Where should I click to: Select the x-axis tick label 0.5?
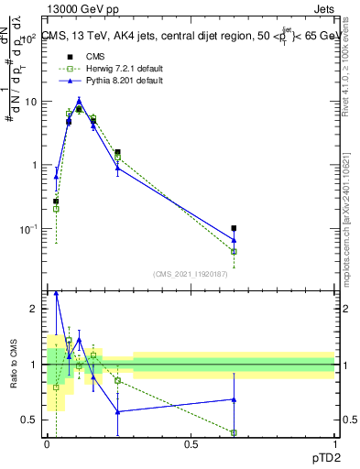(x=191, y=443)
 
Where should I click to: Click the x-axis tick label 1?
(x=334, y=443)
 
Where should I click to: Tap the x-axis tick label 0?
(x=47, y=443)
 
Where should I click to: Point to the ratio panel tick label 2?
(x=35, y=310)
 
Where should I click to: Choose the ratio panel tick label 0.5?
(x=31, y=420)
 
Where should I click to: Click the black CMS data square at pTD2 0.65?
(x=234, y=228)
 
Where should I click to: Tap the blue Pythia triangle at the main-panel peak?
(x=80, y=100)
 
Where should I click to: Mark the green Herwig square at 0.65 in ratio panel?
(x=234, y=432)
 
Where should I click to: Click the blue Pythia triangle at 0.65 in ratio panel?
(x=234, y=399)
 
